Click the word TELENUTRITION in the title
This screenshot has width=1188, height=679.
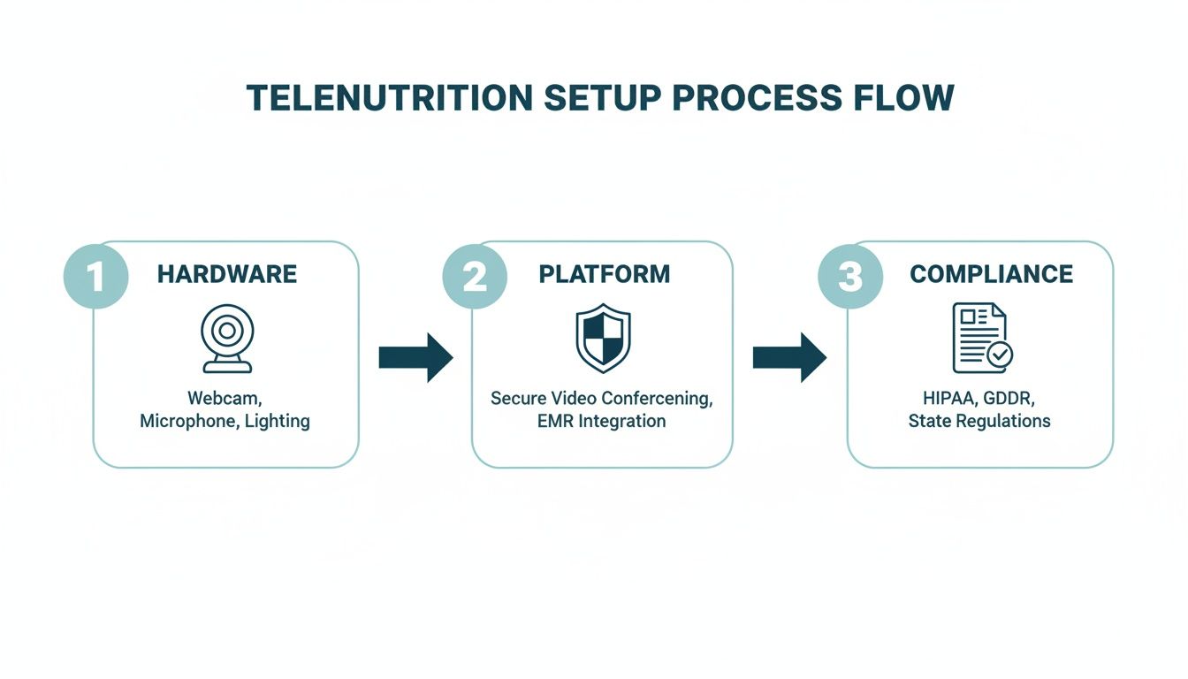pyautogui.click(x=389, y=97)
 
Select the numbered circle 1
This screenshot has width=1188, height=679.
pyautogui.click(x=95, y=276)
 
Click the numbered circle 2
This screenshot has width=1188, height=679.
pyautogui.click(x=475, y=276)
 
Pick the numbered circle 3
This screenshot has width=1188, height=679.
pyautogui.click(x=849, y=276)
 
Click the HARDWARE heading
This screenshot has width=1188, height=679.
pyautogui.click(x=227, y=274)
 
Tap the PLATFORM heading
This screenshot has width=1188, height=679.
pyautogui.click(x=605, y=274)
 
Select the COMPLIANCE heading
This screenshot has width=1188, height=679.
pyautogui.click(x=991, y=274)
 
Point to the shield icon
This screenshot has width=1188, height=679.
pyautogui.click(x=603, y=338)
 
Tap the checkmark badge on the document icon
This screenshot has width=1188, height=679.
pyautogui.click(x=1001, y=355)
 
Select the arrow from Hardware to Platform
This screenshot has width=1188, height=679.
pyautogui.click(x=415, y=357)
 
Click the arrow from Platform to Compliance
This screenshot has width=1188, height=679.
pyautogui.click(x=789, y=357)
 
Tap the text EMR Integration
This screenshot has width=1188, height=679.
pyautogui.click(x=601, y=421)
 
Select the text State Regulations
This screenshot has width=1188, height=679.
pyautogui.click(x=979, y=421)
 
